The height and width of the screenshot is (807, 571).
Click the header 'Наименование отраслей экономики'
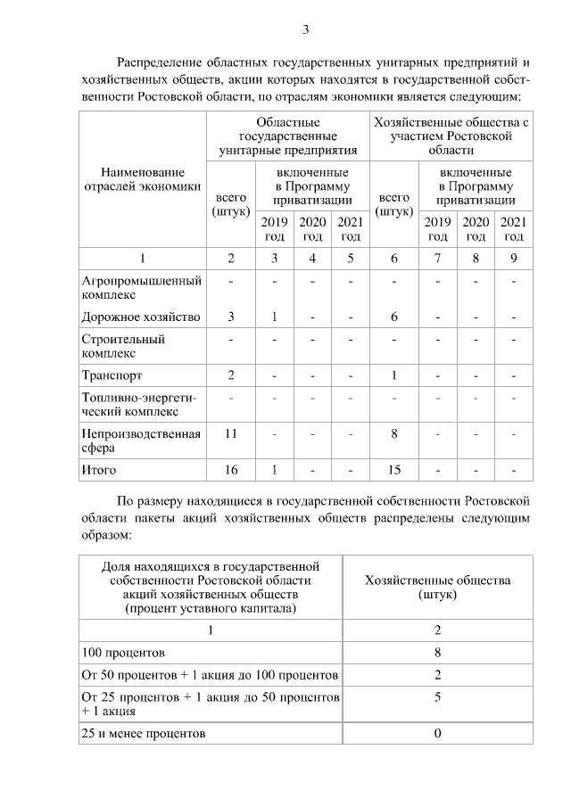tap(143, 178)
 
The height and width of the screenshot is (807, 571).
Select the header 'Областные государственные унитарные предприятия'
tap(288, 136)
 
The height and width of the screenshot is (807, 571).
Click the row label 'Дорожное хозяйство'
tap(141, 317)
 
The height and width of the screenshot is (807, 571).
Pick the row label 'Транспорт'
tap(112, 375)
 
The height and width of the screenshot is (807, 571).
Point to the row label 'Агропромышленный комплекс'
tap(141, 287)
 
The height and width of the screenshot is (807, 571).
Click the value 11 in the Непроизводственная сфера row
tap(231, 432)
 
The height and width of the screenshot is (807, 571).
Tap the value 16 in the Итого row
tap(231, 469)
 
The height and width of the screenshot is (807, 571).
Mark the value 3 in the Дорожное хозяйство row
tap(231, 317)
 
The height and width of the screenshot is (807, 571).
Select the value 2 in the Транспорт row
tap(231, 375)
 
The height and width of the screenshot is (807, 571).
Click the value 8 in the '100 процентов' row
tap(438, 652)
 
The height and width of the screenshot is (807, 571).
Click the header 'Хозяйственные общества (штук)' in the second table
tap(438, 587)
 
